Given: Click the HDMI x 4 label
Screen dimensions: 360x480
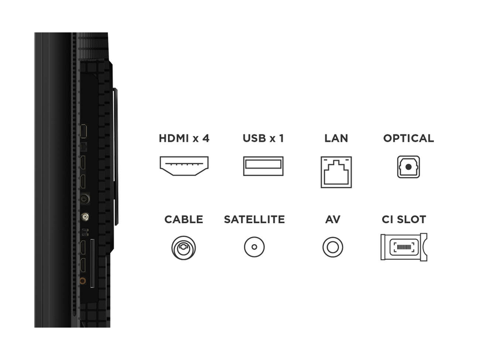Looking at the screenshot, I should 184,138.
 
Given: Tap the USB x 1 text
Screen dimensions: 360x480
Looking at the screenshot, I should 263,138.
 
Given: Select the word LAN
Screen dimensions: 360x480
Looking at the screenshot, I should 336,138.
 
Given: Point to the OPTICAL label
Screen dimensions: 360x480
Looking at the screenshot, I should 409,138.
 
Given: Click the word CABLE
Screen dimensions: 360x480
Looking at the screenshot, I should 184,220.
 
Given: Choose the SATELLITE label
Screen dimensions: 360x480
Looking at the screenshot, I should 254,220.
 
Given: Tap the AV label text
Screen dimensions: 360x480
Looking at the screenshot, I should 333,220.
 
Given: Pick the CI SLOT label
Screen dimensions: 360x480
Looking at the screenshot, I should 404,220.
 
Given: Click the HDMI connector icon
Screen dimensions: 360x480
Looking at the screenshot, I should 184,166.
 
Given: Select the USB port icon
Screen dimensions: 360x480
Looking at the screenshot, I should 263,166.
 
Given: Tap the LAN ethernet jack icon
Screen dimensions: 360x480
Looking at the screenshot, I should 336,172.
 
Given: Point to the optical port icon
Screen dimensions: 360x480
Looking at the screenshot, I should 408,167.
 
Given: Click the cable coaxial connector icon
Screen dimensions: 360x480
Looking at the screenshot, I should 184,247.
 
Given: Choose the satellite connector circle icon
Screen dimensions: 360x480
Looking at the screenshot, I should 254,247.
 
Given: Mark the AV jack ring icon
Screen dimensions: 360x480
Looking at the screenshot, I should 333,247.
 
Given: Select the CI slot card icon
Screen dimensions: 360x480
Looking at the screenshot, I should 404,247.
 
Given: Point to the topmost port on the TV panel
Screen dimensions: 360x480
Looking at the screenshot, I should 84,131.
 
